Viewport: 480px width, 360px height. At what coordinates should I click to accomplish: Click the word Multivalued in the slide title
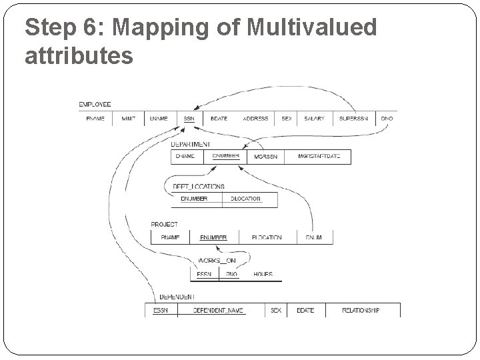coord(311,28)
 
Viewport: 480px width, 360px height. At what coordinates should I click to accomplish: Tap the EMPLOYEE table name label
coord(95,105)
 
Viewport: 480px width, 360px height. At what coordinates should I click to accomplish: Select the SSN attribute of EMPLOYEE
coord(189,118)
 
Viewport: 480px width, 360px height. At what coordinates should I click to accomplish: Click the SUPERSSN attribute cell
coord(352,118)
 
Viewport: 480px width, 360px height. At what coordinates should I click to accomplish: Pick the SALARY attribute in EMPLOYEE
coord(314,118)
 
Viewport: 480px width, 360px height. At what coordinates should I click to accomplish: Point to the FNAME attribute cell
coord(95,118)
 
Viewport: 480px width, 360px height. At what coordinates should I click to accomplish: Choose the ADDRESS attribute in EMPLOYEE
coord(255,118)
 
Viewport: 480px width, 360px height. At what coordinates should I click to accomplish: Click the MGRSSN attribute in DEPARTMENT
coord(265,157)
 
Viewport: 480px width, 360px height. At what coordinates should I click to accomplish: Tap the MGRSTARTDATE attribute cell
coord(319,157)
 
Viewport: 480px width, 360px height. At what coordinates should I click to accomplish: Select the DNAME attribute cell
coord(185,157)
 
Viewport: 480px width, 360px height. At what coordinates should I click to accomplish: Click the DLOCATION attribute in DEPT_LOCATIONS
coord(245,199)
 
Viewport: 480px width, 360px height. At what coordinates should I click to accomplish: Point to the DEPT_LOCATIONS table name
coord(199,187)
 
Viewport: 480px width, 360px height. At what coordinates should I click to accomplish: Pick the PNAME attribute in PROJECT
coord(170,237)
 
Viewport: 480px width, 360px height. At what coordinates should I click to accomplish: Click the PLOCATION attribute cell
coord(267,237)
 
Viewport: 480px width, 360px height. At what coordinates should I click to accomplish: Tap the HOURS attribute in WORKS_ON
coord(263,274)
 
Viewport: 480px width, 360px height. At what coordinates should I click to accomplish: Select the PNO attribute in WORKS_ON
coord(231,274)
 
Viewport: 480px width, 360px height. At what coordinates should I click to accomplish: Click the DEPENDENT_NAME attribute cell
coord(219,310)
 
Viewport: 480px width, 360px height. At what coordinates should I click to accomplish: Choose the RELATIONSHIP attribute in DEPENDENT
coord(361,310)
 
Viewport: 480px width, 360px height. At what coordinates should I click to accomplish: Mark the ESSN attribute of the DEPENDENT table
coord(161,310)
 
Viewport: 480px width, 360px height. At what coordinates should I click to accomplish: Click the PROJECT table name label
coord(164,225)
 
